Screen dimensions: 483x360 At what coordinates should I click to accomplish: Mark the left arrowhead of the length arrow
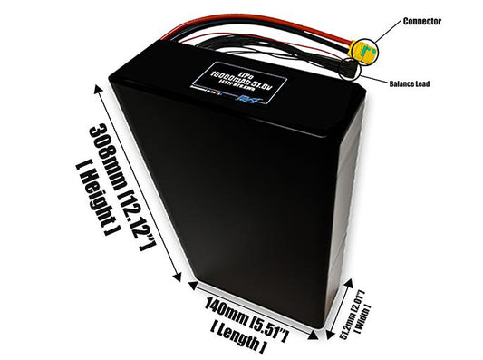tap(192, 285)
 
